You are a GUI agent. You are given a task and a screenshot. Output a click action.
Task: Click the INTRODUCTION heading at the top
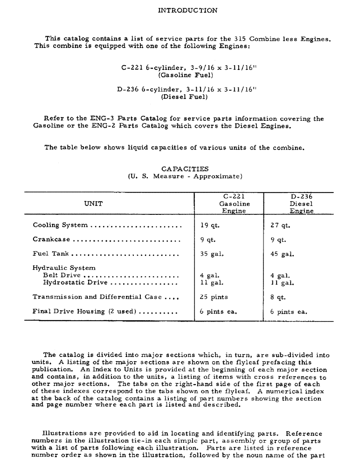pos(187,10)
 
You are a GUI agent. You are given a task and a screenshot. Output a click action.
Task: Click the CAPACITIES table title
pos(185,169)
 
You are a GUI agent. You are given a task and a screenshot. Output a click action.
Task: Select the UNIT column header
pos(93,204)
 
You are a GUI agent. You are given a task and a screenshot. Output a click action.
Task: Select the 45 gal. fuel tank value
pos(282,254)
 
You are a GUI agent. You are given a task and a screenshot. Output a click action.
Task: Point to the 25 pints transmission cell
pos(214,297)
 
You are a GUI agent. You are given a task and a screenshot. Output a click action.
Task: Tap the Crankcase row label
pos(51,240)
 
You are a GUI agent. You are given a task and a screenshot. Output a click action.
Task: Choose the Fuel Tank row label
pos(51,254)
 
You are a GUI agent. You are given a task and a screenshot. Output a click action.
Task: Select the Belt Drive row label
pos(62,275)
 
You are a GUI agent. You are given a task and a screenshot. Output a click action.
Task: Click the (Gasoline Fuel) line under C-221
pos(185,75)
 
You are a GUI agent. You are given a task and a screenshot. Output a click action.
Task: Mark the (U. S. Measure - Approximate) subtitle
pos(185,177)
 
